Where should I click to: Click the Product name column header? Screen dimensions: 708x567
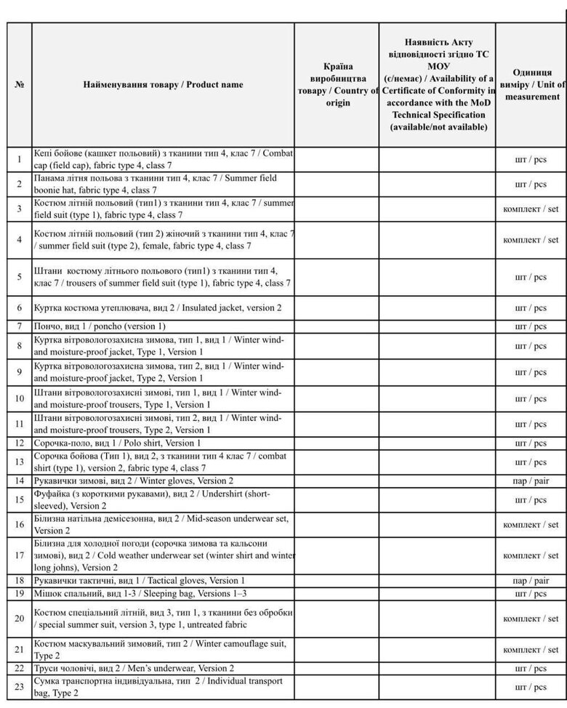163,85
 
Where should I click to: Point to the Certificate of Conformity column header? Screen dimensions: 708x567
438,85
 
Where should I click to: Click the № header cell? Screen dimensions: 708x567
20,85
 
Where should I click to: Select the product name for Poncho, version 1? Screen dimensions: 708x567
163,326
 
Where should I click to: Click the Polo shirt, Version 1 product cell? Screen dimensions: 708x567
163,443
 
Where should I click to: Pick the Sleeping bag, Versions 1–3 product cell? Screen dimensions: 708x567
163,593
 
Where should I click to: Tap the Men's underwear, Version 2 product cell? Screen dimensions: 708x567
163,668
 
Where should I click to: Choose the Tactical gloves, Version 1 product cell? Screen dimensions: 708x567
163,581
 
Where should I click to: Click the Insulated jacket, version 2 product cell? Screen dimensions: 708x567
163,307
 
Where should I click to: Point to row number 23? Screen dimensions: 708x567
20,687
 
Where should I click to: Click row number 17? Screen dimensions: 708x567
20,555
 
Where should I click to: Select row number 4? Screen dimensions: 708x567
20,240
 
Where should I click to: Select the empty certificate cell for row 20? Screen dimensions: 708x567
438,619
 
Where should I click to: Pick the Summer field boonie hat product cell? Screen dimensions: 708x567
163,183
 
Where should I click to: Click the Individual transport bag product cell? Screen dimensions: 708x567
163,687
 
